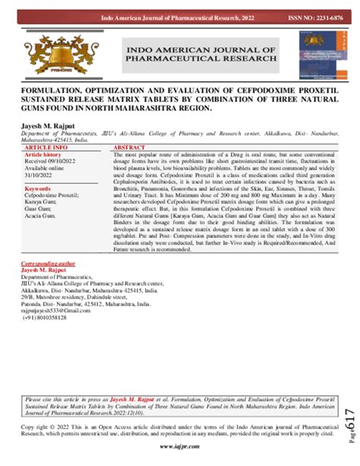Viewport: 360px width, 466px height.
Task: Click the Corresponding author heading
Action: point(48,262)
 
